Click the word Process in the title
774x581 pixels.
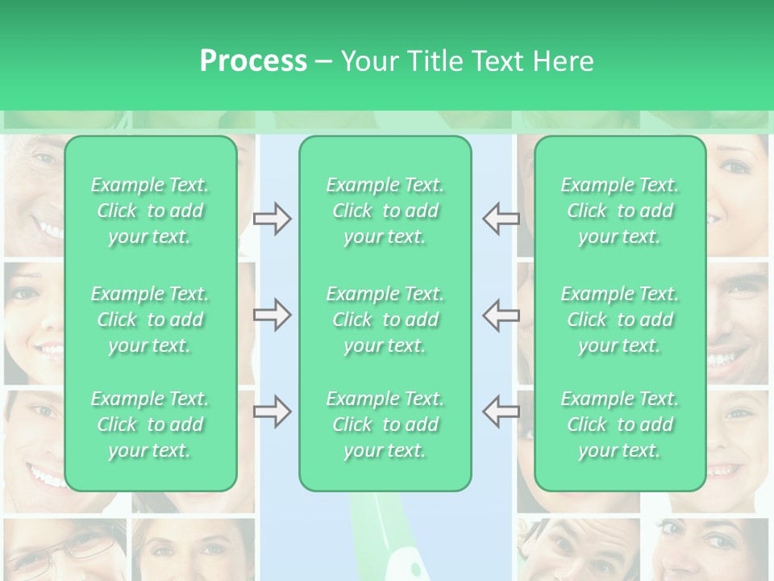coord(253,61)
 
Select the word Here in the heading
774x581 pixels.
coord(563,61)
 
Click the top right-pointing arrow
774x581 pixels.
coord(272,219)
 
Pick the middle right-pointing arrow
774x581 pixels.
coord(272,315)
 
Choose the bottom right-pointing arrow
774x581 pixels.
coord(272,412)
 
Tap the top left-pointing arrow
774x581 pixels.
coord(501,219)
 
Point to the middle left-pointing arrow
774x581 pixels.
coord(501,315)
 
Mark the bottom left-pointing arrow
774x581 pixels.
coord(501,412)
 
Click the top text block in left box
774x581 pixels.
coord(150,211)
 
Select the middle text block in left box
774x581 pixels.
coord(150,320)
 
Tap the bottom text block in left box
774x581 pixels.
coord(150,424)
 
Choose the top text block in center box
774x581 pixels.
coord(385,211)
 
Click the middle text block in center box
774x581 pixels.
coord(385,320)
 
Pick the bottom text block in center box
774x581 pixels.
coord(385,424)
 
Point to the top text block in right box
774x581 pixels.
coord(620,211)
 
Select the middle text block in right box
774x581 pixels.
coord(620,320)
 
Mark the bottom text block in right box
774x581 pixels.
coord(620,424)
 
